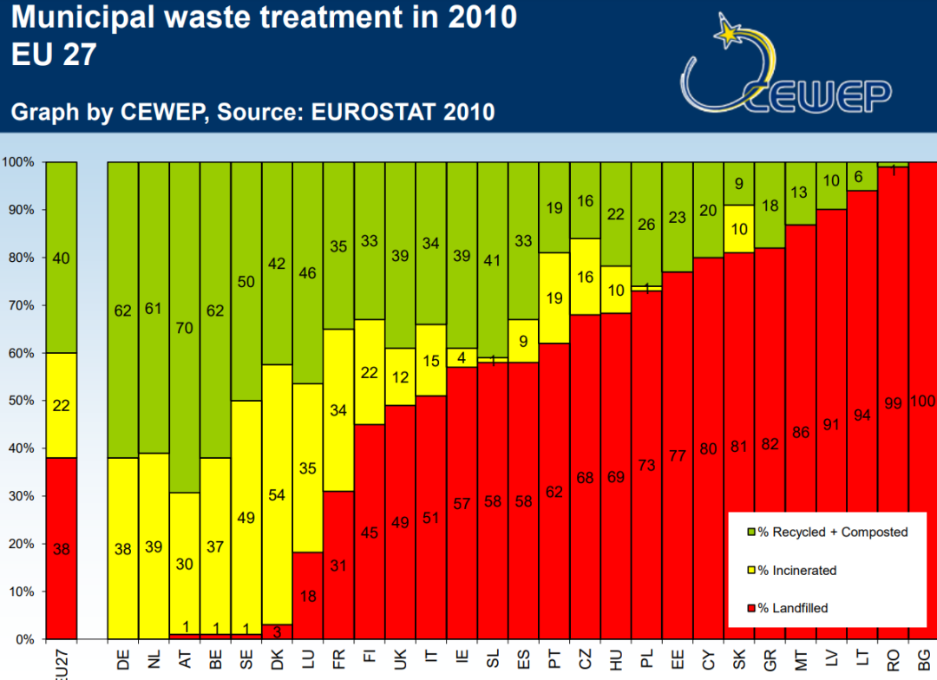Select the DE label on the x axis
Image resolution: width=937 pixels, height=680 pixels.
(122, 660)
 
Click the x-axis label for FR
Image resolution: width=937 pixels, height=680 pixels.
(338, 660)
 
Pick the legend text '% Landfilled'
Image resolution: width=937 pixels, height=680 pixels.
(793, 608)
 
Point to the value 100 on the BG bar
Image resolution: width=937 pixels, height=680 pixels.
(923, 401)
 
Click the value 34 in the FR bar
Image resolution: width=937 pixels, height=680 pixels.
(338, 410)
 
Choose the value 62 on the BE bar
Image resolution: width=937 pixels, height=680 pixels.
(215, 310)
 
